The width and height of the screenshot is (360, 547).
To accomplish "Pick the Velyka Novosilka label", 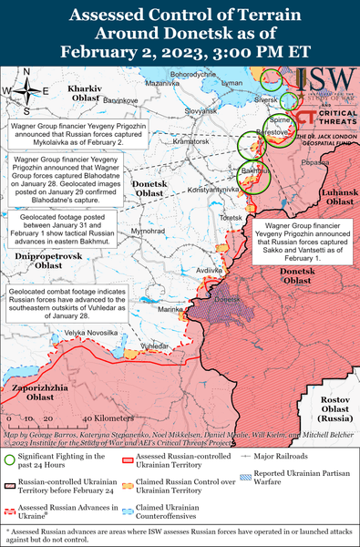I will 89,333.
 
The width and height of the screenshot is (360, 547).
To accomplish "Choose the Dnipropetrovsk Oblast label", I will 43,261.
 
